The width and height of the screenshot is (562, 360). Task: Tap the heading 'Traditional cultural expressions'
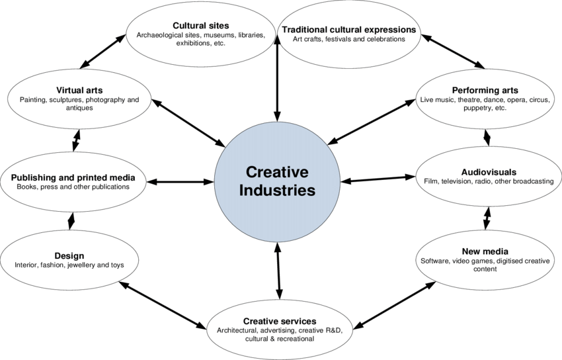click(348, 30)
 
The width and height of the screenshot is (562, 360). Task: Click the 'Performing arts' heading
click(485, 90)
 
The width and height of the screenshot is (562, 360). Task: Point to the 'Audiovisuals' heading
click(485, 171)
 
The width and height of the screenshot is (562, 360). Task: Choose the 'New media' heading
click(485, 251)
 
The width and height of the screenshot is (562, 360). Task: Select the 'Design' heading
click(69, 256)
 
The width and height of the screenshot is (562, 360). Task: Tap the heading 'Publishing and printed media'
click(73, 177)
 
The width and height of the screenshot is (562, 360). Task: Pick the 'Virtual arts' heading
click(74, 90)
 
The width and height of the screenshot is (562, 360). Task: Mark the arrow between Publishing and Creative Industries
click(181, 181)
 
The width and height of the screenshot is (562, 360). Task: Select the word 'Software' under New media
click(436, 261)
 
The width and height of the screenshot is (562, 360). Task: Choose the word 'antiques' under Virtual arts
click(74, 109)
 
